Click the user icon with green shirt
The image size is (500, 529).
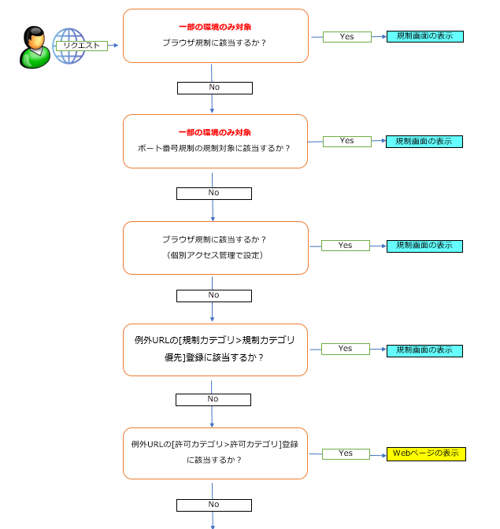[x=34, y=47]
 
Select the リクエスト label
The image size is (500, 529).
[x=81, y=46]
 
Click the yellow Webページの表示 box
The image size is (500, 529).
[x=426, y=453]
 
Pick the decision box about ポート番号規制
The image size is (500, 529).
[x=215, y=141]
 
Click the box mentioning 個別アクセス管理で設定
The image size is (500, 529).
[x=215, y=247]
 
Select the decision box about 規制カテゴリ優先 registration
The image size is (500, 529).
[x=215, y=349]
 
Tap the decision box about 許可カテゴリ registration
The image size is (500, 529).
[x=215, y=453]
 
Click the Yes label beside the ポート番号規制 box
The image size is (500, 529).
[x=346, y=141]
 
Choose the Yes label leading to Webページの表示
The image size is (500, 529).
[x=346, y=453]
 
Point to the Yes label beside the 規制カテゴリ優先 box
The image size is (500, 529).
[x=346, y=349]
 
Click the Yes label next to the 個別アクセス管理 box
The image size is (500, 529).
[x=346, y=246]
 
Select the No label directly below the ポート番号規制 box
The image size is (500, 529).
[x=214, y=193]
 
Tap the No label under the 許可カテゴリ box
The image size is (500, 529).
[x=214, y=505]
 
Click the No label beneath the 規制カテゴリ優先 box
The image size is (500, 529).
[x=213, y=399]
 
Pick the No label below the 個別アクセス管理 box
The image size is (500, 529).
[x=214, y=295]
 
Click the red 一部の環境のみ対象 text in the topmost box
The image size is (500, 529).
[x=215, y=27]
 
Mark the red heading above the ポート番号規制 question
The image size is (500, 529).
[x=215, y=132]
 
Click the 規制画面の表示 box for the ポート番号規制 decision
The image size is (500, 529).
[x=424, y=142]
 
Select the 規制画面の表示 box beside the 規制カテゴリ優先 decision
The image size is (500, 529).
[x=424, y=350]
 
